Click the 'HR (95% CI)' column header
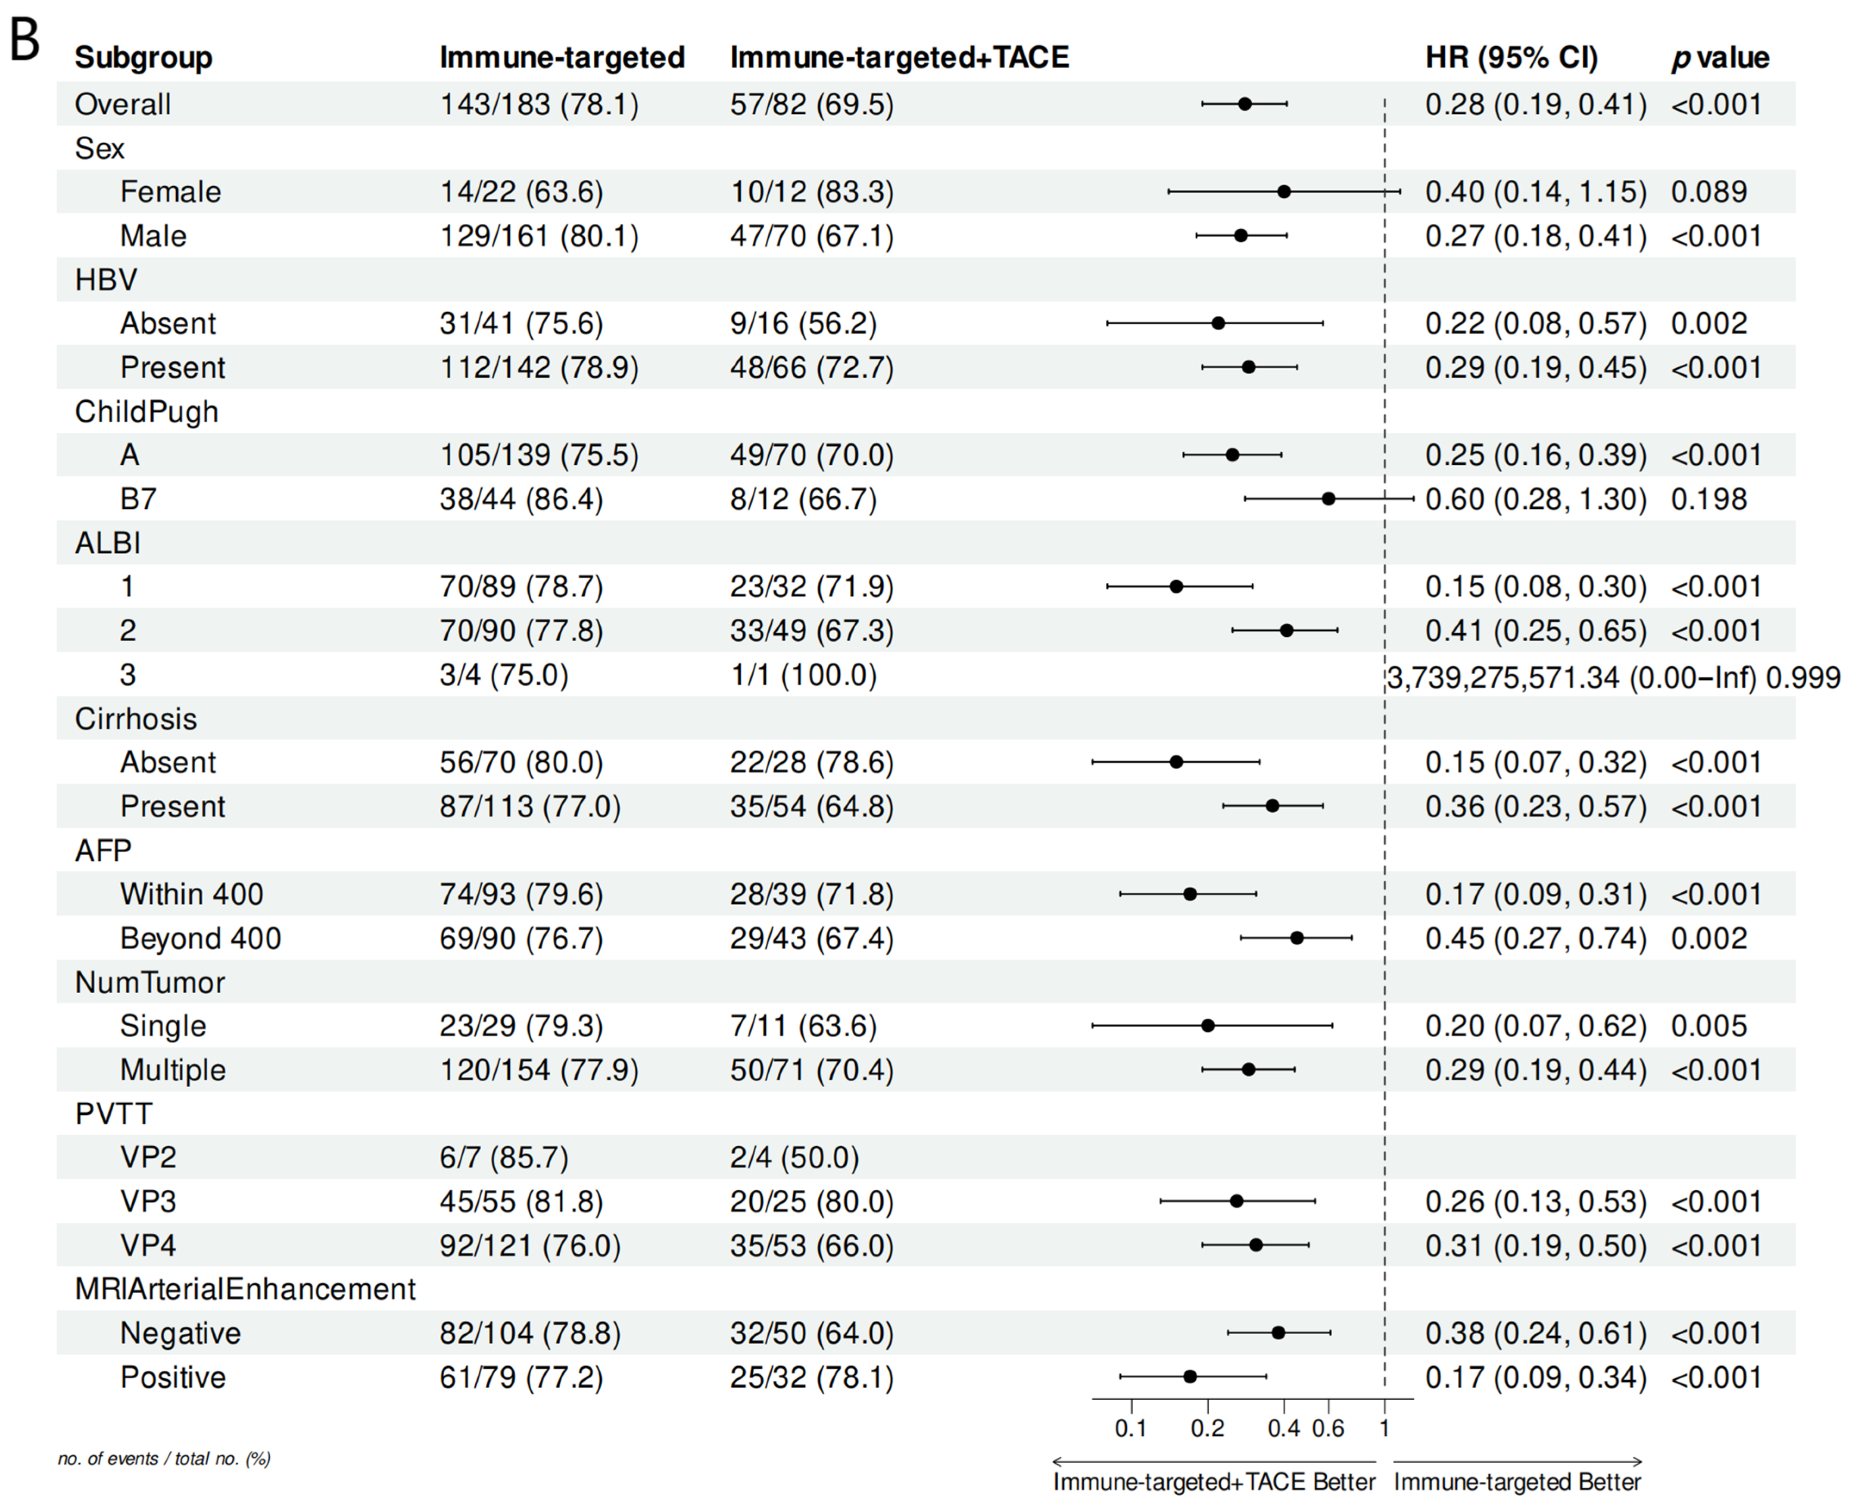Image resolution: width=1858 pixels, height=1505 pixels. point(1512,57)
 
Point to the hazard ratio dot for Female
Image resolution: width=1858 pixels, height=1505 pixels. point(1284,191)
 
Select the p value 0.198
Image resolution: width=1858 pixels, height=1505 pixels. point(1709,499)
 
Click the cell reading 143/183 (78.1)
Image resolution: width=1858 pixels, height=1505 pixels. point(539,105)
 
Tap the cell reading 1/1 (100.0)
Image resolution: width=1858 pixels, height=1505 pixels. point(803,676)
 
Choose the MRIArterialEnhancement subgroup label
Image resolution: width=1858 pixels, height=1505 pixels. point(245,1289)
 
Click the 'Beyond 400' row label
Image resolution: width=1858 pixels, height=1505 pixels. point(200,938)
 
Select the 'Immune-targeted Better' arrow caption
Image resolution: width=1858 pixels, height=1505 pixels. point(1518,1483)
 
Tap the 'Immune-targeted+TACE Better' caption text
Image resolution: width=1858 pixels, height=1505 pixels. point(1214,1483)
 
